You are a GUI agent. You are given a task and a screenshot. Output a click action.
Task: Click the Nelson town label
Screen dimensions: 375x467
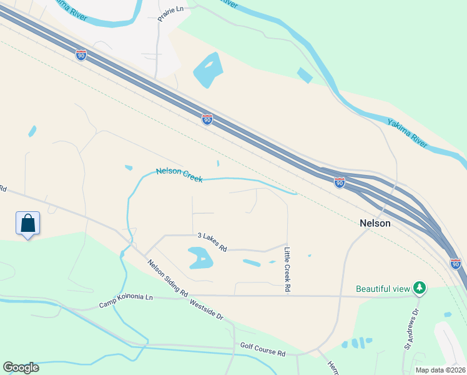click(375, 223)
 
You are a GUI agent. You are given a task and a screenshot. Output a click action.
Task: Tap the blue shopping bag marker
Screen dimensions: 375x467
click(27, 223)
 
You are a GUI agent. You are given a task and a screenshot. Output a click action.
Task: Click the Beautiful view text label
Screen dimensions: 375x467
click(383, 289)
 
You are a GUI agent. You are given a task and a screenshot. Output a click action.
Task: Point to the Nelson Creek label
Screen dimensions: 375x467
click(179, 175)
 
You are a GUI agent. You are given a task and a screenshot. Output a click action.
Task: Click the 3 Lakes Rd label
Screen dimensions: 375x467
click(212, 242)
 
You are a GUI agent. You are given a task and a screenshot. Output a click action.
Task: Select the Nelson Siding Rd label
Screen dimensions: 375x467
click(168, 277)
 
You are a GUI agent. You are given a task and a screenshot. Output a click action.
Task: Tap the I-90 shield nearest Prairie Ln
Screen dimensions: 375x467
click(81, 55)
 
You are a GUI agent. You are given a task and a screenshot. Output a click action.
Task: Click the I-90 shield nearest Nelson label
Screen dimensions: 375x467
click(339, 182)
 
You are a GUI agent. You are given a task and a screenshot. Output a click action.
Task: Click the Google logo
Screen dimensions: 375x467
click(21, 367)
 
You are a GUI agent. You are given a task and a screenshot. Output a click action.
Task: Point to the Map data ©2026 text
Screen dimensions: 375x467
click(440, 370)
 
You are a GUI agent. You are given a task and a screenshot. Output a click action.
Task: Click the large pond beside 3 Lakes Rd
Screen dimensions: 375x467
click(200, 257)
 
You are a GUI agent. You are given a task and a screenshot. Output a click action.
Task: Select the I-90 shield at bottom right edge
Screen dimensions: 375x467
click(455, 264)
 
